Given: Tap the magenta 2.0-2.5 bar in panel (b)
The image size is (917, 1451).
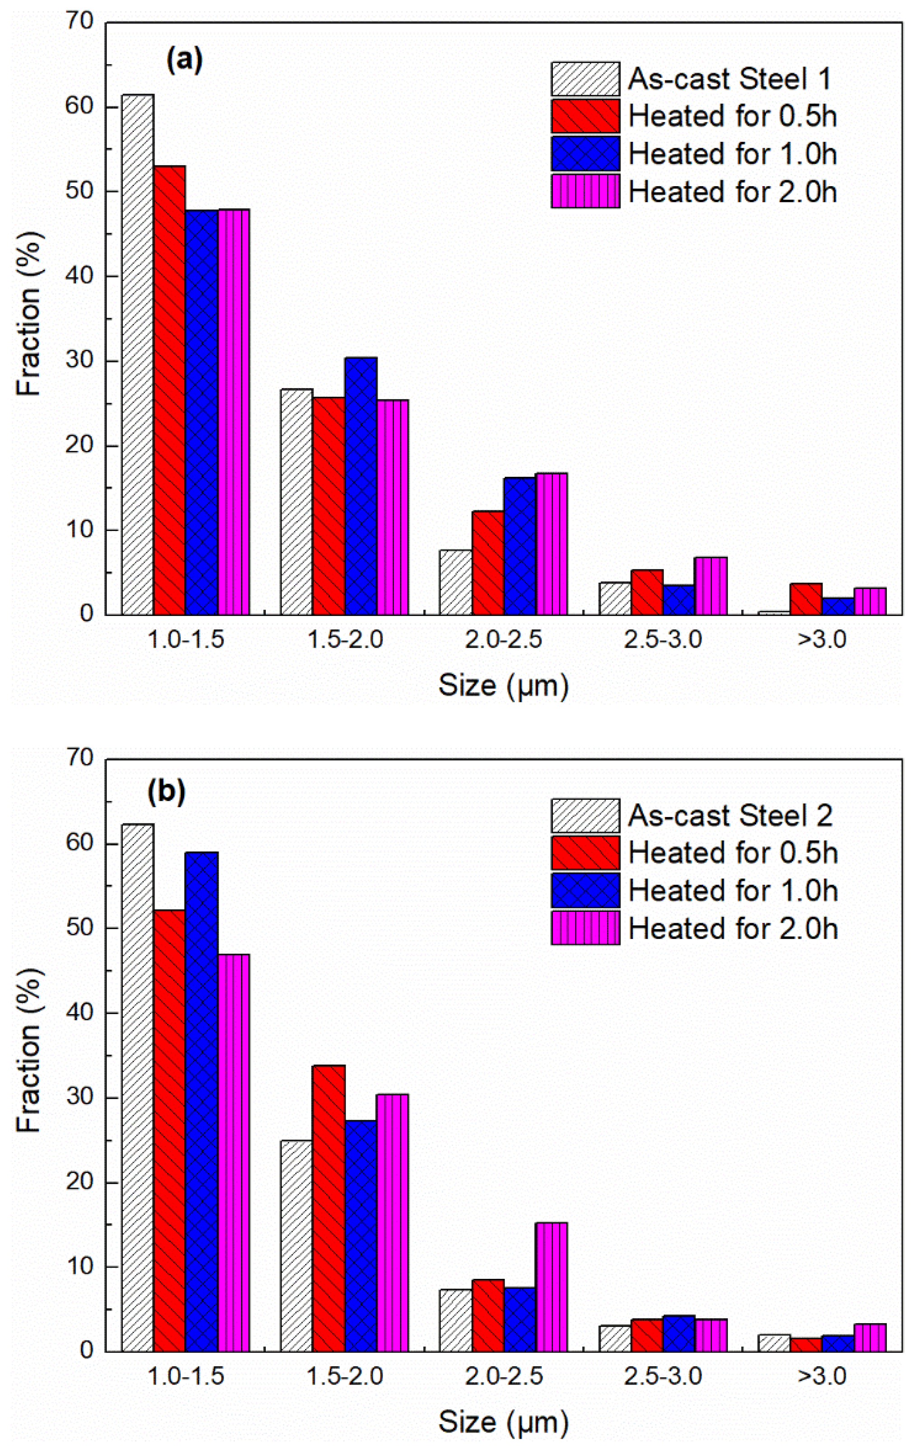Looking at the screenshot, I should [551, 1287].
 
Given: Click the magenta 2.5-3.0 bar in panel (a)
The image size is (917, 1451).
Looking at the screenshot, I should [711, 586].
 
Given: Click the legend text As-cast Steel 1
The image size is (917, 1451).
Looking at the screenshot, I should [729, 79].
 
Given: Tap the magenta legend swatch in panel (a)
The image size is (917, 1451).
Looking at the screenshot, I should [585, 192].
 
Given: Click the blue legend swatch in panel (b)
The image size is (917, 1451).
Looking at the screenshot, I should [585, 890].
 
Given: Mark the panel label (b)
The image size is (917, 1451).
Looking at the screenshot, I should [166, 793].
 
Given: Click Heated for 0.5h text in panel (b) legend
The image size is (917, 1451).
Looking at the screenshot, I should [733, 853].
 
